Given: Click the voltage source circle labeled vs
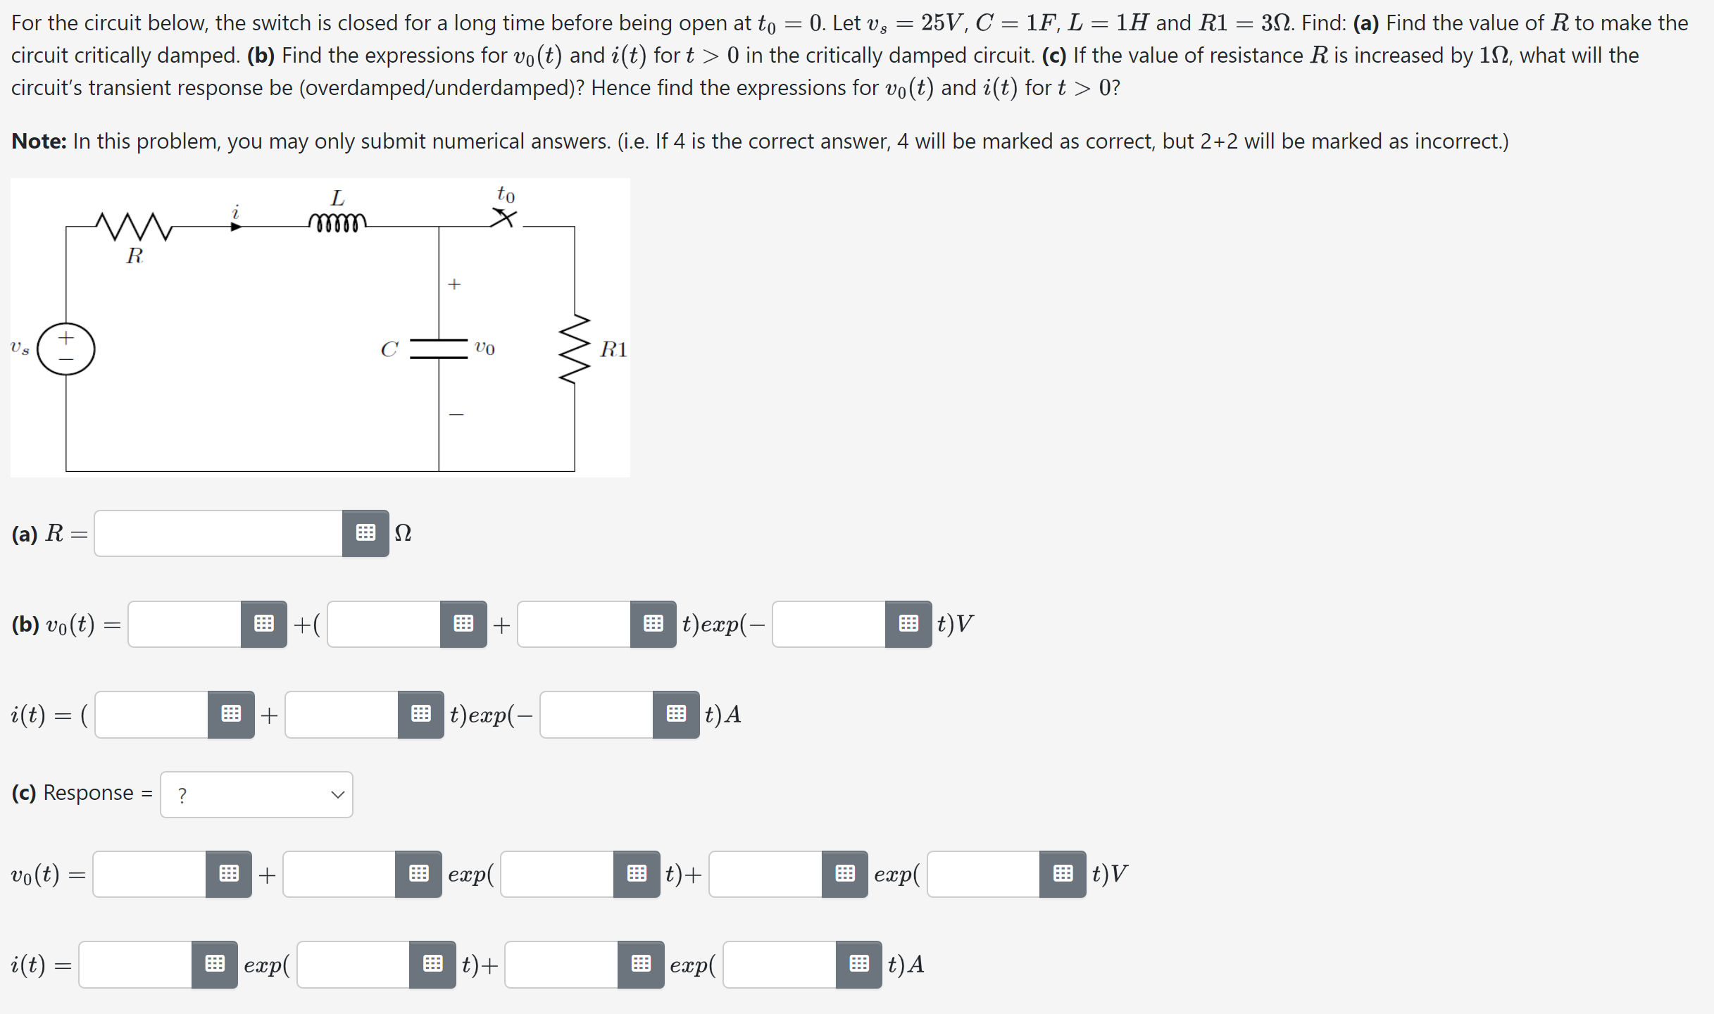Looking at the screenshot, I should click(66, 349).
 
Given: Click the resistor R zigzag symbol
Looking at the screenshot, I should click(134, 227).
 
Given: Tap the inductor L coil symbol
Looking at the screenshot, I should click(337, 223).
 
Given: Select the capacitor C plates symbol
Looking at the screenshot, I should click(439, 349).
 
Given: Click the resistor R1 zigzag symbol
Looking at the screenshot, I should click(575, 349).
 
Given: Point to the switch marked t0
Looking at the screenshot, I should click(504, 218).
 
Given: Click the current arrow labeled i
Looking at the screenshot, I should click(236, 226).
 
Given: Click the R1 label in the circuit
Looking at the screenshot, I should click(613, 349).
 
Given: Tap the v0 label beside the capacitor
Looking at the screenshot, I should click(484, 349).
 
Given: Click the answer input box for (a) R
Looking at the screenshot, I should click(218, 534).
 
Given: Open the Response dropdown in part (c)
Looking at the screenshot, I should click(256, 794).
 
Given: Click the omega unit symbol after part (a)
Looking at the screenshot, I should click(403, 534).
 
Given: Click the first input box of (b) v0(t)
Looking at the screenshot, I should click(185, 624).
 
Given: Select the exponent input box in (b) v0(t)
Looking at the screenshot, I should click(829, 624).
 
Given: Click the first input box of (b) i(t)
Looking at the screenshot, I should click(152, 715).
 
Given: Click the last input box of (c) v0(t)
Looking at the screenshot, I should click(984, 874).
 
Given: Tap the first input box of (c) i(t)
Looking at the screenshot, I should click(136, 964).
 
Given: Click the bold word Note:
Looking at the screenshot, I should click(39, 142).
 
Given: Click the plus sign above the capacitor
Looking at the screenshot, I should click(454, 284).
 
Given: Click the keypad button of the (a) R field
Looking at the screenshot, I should click(365, 534).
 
